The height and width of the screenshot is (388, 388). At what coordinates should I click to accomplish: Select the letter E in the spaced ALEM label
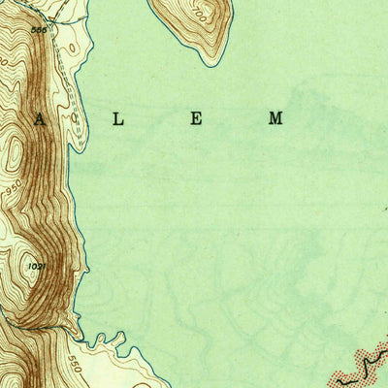(x=195, y=119)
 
